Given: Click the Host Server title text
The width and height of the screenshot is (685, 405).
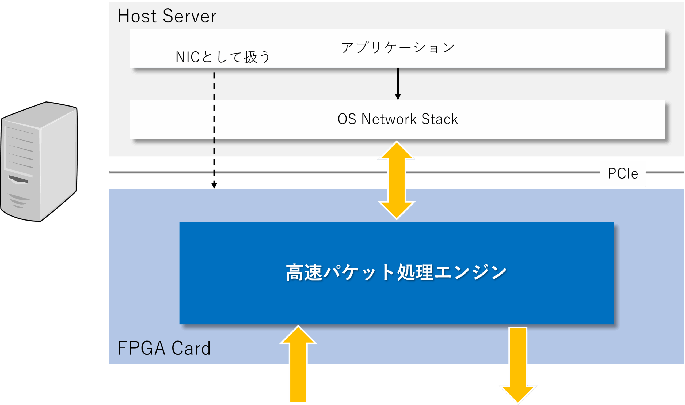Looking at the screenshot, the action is [167, 16].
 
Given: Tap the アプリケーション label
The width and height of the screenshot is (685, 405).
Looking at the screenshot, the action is [398, 47].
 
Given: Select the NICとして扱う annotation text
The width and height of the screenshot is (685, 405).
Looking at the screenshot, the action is [223, 57].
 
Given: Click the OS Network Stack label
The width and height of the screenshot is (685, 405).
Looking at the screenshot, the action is [398, 119].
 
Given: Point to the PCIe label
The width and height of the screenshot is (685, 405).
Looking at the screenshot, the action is [623, 173].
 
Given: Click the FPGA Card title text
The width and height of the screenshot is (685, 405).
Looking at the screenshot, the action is [164, 348].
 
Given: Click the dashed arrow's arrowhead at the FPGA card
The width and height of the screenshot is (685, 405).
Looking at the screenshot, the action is [214, 186].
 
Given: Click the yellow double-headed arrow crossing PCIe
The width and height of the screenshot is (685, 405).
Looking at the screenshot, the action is [397, 180].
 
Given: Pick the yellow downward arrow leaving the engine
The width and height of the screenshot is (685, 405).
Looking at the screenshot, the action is [518, 365].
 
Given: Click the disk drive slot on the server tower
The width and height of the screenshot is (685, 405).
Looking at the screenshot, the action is [18, 179].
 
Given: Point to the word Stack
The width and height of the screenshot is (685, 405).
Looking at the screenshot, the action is [440, 119].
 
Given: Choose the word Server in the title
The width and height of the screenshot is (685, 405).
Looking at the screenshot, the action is [190, 16].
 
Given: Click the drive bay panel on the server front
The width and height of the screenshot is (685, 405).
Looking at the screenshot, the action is [19, 152].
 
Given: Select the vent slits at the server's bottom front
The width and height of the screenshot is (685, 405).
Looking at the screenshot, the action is [18, 200].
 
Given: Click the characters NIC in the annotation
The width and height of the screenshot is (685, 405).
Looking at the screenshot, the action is [187, 57].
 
